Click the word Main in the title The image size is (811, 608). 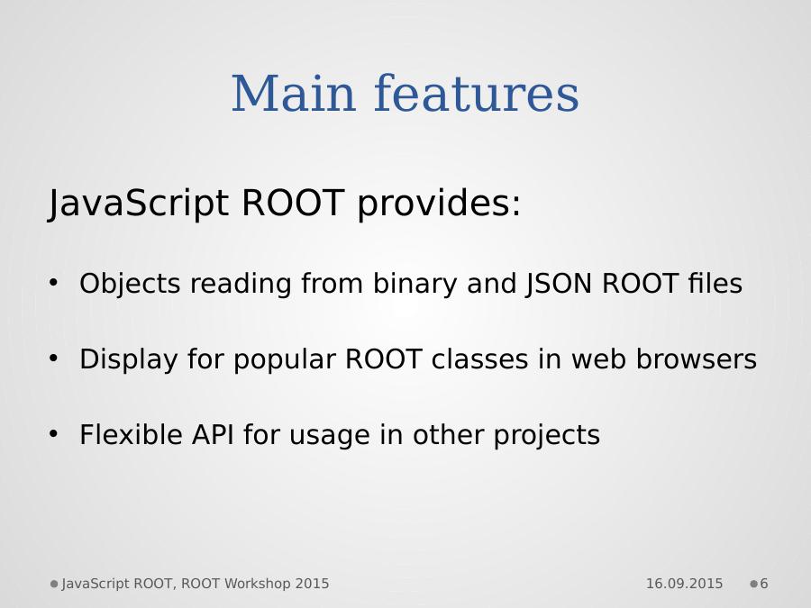(x=293, y=94)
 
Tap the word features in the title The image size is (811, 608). (x=477, y=93)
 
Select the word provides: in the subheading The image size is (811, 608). (x=439, y=203)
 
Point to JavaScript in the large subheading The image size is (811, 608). (x=138, y=203)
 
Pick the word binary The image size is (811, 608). (x=415, y=284)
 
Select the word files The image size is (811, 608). (x=715, y=283)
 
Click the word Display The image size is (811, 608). (x=128, y=359)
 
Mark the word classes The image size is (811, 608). (x=479, y=358)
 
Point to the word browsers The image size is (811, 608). (x=697, y=358)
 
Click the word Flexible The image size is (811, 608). (x=131, y=434)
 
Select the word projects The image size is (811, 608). (x=547, y=435)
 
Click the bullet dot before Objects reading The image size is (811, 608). (x=53, y=283)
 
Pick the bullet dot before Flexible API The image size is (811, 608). (x=53, y=434)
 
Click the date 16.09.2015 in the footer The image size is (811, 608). (x=684, y=584)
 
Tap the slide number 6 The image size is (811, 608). (x=764, y=584)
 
